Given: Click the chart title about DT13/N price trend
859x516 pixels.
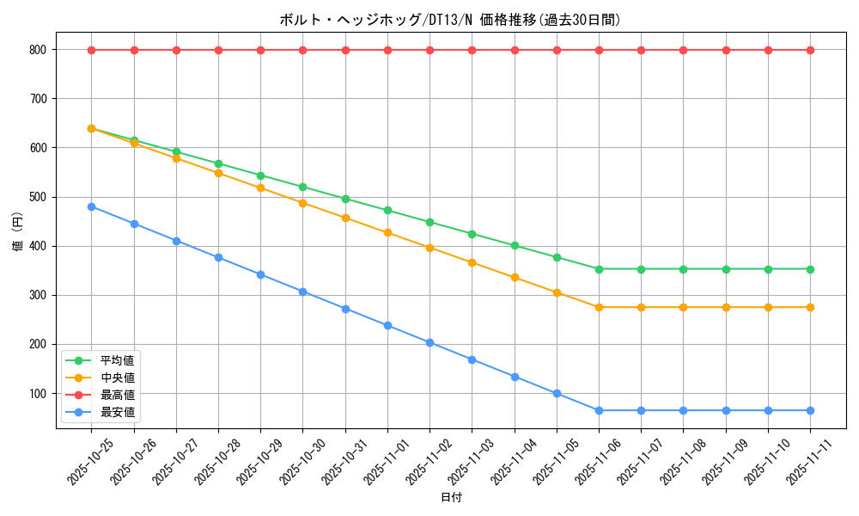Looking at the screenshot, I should pyautogui.click(x=449, y=20).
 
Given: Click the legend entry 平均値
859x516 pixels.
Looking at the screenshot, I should pyautogui.click(x=118, y=360).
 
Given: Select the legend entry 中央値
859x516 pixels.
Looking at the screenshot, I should pyautogui.click(x=118, y=378).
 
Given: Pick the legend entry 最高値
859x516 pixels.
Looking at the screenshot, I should pyautogui.click(x=118, y=395).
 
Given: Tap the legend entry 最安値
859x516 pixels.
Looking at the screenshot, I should pyautogui.click(x=118, y=412).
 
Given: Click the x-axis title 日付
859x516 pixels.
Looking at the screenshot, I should pyautogui.click(x=451, y=498).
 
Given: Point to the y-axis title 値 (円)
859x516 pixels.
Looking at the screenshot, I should pyautogui.click(x=17, y=233).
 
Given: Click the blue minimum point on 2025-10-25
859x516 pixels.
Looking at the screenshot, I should pyautogui.click(x=91, y=206).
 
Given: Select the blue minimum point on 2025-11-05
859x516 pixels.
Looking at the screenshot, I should pyautogui.click(x=557, y=394).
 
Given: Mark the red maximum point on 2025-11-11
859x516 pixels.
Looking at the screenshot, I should pyautogui.click(x=810, y=50).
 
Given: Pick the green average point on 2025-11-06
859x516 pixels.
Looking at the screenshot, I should pyautogui.click(x=599, y=269).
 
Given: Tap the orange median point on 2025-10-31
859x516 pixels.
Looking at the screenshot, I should pyautogui.click(x=345, y=218).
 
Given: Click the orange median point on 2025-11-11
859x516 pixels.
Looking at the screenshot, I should pyautogui.click(x=810, y=307).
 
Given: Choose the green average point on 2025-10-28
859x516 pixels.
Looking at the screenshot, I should pyautogui.click(x=218, y=163).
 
